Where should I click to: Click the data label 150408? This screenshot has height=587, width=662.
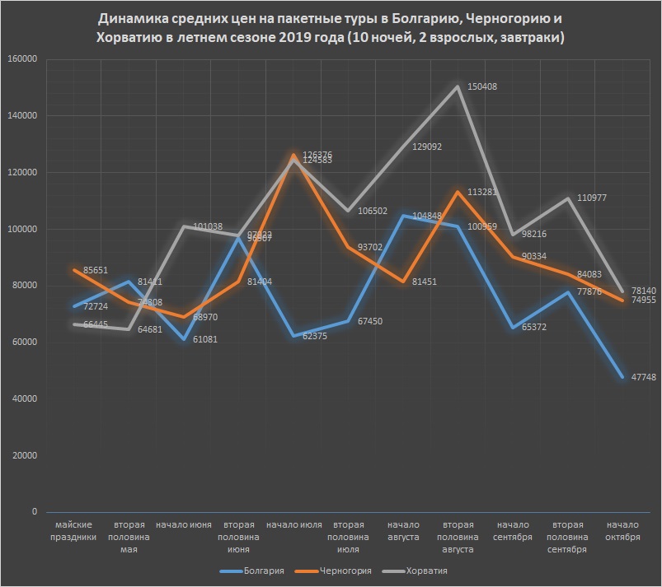pyautogui.click(x=482, y=86)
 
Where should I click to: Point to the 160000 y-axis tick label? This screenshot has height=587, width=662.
pyautogui.click(x=23, y=58)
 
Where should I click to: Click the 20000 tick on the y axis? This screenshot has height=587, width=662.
pyautogui.click(x=26, y=455)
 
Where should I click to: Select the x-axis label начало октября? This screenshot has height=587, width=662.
pyautogui.click(x=622, y=531)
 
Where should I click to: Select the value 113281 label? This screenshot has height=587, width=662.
pyautogui.click(x=484, y=192)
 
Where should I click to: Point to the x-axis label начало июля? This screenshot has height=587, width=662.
pyautogui.click(x=295, y=525)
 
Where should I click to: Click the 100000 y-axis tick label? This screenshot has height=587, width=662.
pyautogui.click(x=23, y=229)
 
